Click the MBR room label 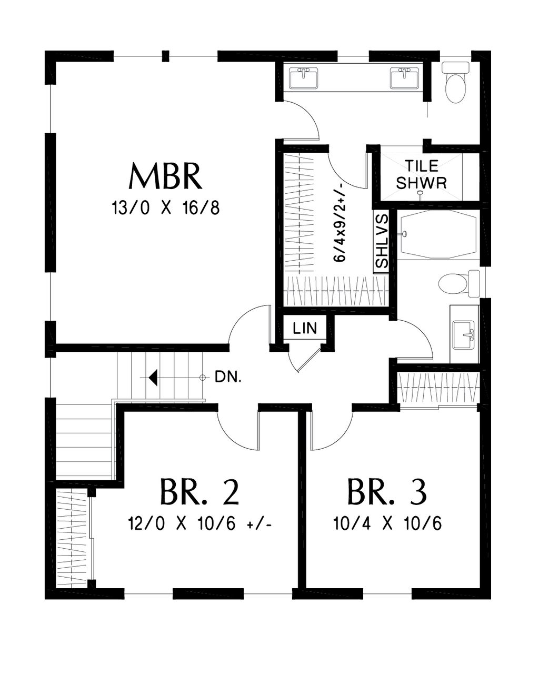coord(165,175)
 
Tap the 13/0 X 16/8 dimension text coord(165,207)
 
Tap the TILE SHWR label coord(422,174)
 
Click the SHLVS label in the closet coord(382,241)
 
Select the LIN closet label coord(305,328)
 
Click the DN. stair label coord(228,377)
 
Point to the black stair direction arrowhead coord(153,378)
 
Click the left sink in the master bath coord(303,78)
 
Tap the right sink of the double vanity coord(404,78)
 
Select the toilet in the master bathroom coord(455,82)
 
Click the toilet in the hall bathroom coord(459,284)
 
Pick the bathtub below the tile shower coord(438,234)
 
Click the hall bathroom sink coord(464,334)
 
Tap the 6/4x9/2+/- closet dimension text coord(340,222)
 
